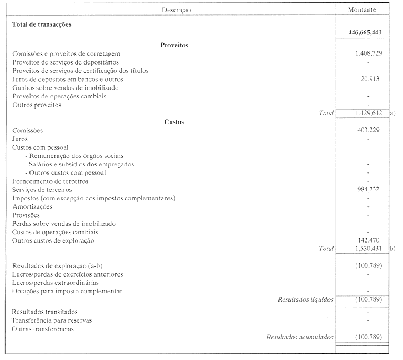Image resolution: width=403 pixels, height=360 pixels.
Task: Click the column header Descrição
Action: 176,10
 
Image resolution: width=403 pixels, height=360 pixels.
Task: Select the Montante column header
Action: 362,10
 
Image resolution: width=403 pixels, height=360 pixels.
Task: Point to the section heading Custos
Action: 174,121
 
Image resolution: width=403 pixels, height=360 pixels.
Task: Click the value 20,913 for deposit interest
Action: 371,79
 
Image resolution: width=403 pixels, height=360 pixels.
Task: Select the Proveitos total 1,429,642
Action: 369,113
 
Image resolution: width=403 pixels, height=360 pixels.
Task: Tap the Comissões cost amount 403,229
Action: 370,130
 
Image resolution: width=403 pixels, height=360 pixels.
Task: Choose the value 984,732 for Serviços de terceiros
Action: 370,190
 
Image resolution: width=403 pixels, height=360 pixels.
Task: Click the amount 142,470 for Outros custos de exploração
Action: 370,240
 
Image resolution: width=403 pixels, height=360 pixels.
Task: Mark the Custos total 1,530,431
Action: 369,249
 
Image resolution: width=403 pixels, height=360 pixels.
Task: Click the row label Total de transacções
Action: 42,24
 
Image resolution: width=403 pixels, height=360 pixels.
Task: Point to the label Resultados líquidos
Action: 305,299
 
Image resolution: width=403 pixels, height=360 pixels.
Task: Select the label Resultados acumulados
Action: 300,337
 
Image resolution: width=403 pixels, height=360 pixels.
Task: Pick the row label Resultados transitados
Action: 44,312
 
